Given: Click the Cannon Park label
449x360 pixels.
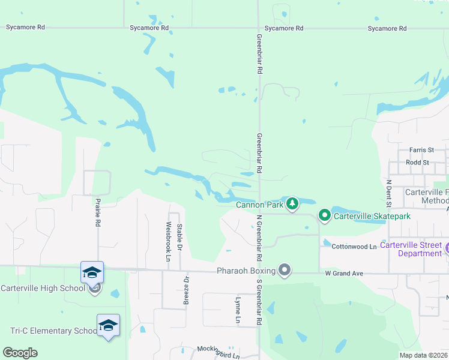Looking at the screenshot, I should pos(259,205).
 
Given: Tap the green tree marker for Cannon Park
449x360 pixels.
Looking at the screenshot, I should pos(292,204).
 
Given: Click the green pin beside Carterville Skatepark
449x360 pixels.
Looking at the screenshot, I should pos(325,215).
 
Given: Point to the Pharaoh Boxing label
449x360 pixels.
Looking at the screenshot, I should pos(246,271).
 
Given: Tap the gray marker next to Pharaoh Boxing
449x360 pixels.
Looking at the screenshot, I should pos(285,271).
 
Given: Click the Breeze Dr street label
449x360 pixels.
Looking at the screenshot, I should pos(186,289).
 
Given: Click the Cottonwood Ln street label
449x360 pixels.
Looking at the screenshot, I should pos(354,247).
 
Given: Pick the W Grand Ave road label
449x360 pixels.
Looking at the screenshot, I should pos(344,274).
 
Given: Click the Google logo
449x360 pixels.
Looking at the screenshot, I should pos(20,353).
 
